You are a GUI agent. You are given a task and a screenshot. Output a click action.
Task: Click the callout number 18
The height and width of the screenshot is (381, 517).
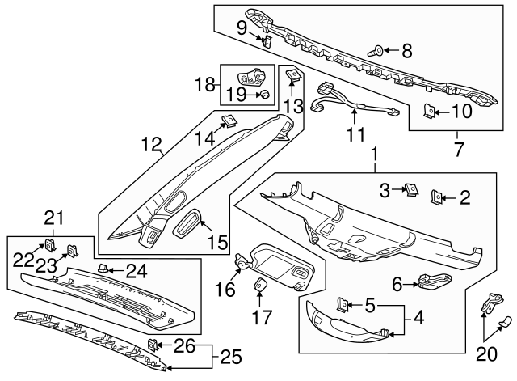pyautogui.click(x=204, y=84)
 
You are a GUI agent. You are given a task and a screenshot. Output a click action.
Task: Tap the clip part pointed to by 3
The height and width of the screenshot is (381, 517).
pyautogui.click(x=412, y=190)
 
